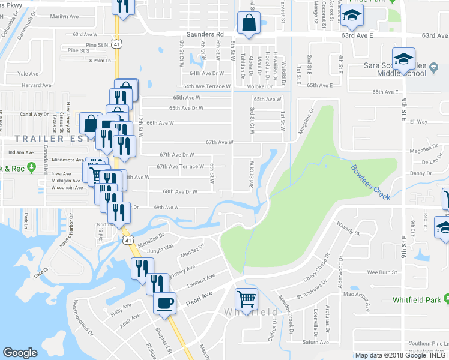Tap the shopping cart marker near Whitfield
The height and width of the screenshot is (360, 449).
point(247,299)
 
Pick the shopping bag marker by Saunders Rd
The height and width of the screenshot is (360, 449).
point(248,24)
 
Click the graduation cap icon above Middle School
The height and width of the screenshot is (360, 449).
point(404,59)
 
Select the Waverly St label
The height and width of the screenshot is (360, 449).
point(348,229)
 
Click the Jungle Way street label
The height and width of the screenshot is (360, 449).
point(161,246)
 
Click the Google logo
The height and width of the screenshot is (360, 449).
point(20,353)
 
